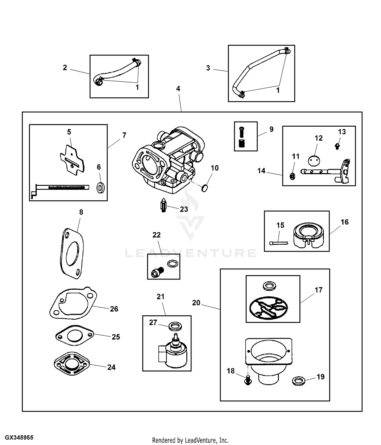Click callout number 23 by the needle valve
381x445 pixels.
[x=184, y=209]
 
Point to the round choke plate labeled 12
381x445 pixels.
[x=314, y=161]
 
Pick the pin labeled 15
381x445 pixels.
[x=279, y=243]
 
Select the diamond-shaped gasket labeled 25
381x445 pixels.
[x=74, y=336]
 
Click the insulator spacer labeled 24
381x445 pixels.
[x=72, y=365]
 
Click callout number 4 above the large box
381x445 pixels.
[x=178, y=88]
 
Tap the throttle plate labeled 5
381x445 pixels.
[x=72, y=160]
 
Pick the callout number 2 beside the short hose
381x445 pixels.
[x=65, y=68]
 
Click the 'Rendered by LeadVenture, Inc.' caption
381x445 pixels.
[x=190, y=440]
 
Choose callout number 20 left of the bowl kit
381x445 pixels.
[x=196, y=303]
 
